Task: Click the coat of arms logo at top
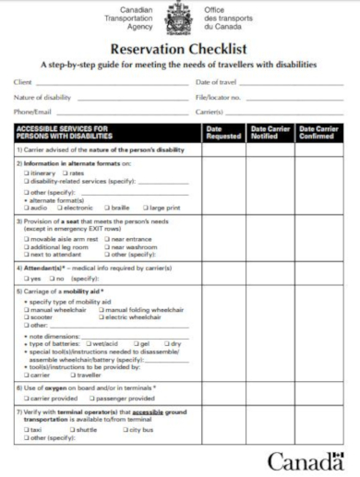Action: click(179, 18)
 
